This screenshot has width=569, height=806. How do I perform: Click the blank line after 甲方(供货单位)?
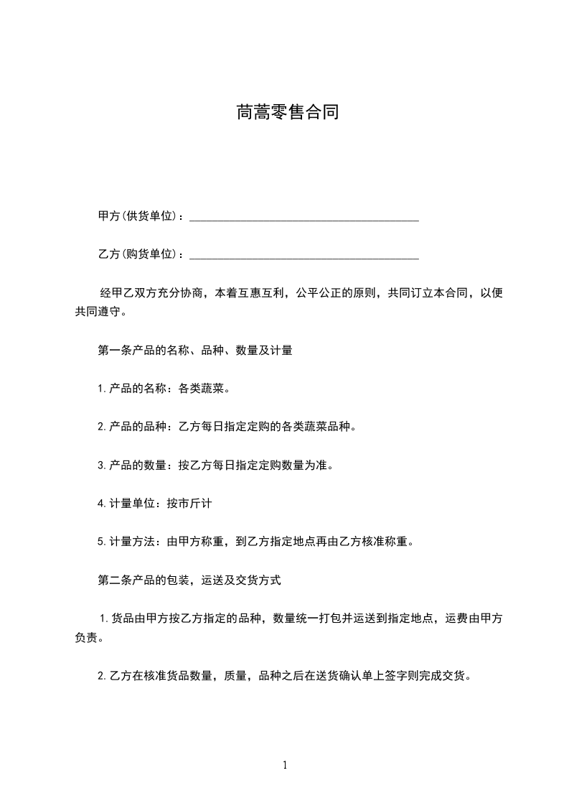pos(304,217)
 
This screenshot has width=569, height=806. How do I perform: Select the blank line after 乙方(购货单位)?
pos(304,255)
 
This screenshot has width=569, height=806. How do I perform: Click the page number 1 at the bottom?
pos(285,765)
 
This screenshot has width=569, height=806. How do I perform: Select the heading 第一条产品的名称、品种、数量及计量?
pos(194,351)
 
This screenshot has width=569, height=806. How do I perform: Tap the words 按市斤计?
pos(189,504)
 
